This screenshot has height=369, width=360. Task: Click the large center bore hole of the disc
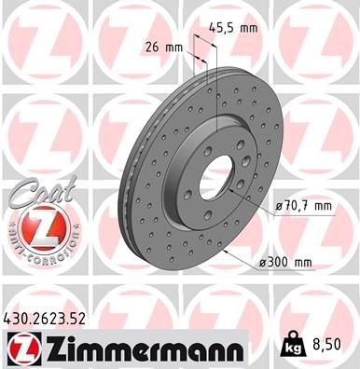click(217, 179)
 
